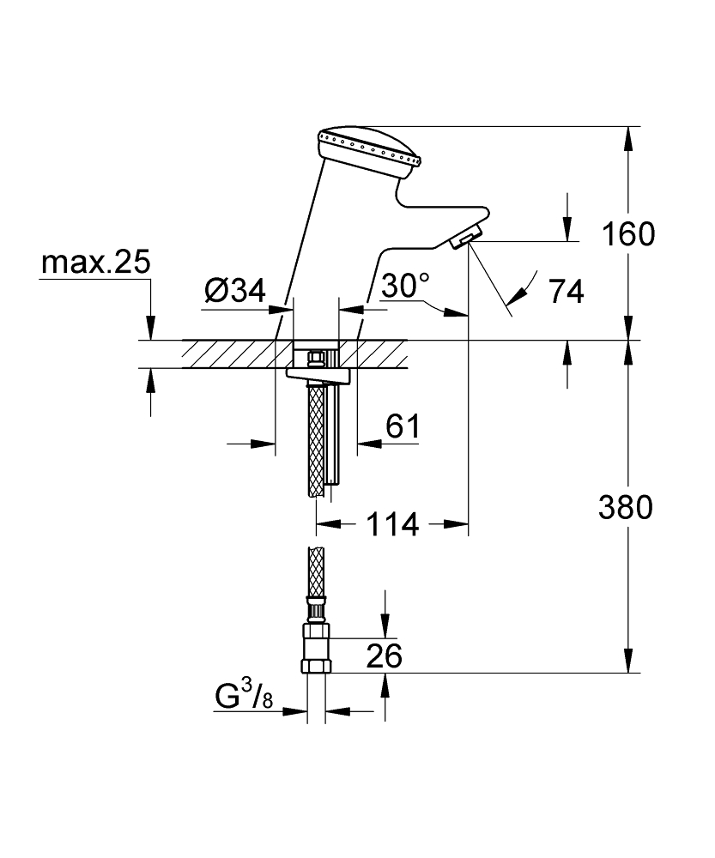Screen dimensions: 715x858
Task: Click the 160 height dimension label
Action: click(x=628, y=234)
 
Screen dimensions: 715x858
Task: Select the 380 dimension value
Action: click(x=626, y=507)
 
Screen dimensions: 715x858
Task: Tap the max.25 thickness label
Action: click(x=96, y=263)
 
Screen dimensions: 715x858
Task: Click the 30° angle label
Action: click(x=405, y=285)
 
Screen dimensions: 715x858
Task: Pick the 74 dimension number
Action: click(x=567, y=291)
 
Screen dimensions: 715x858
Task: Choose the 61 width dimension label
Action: click(x=403, y=426)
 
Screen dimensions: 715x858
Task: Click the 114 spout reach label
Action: click(x=392, y=525)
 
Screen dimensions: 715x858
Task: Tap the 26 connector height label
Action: click(x=384, y=656)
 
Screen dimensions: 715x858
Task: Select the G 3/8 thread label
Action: click(x=244, y=696)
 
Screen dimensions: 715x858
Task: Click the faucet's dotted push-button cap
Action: click(x=370, y=150)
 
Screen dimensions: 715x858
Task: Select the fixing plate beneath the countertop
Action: click(x=318, y=375)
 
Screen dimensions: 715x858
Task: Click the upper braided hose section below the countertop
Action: click(x=317, y=439)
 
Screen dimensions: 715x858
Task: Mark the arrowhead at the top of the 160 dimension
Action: click(x=628, y=140)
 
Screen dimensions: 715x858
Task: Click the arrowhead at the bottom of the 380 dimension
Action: click(x=628, y=660)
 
